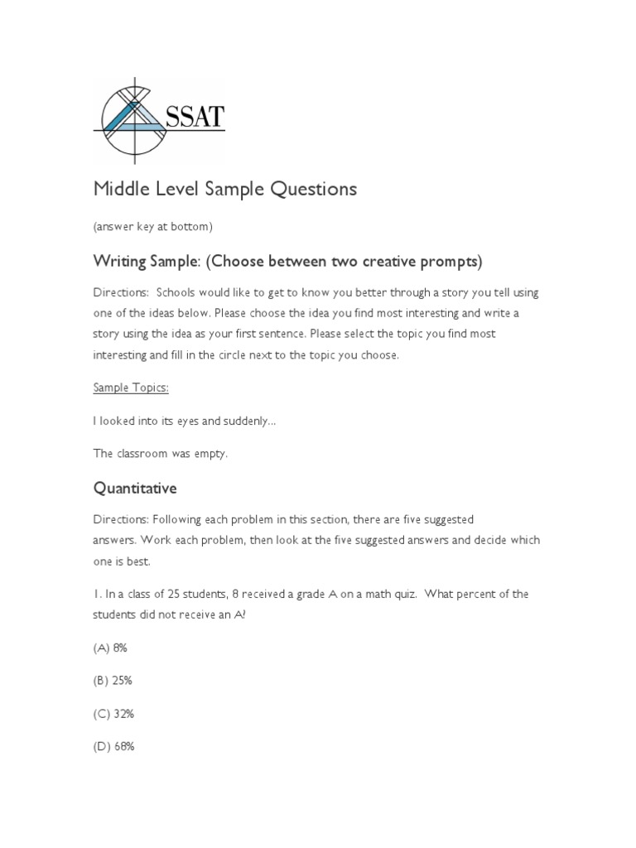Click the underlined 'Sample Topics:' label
(131, 387)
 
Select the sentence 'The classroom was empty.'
(160, 453)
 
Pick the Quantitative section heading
(135, 489)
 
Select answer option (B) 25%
(113, 681)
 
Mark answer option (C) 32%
(113, 713)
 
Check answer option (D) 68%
(113, 746)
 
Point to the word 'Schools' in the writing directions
(176, 293)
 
